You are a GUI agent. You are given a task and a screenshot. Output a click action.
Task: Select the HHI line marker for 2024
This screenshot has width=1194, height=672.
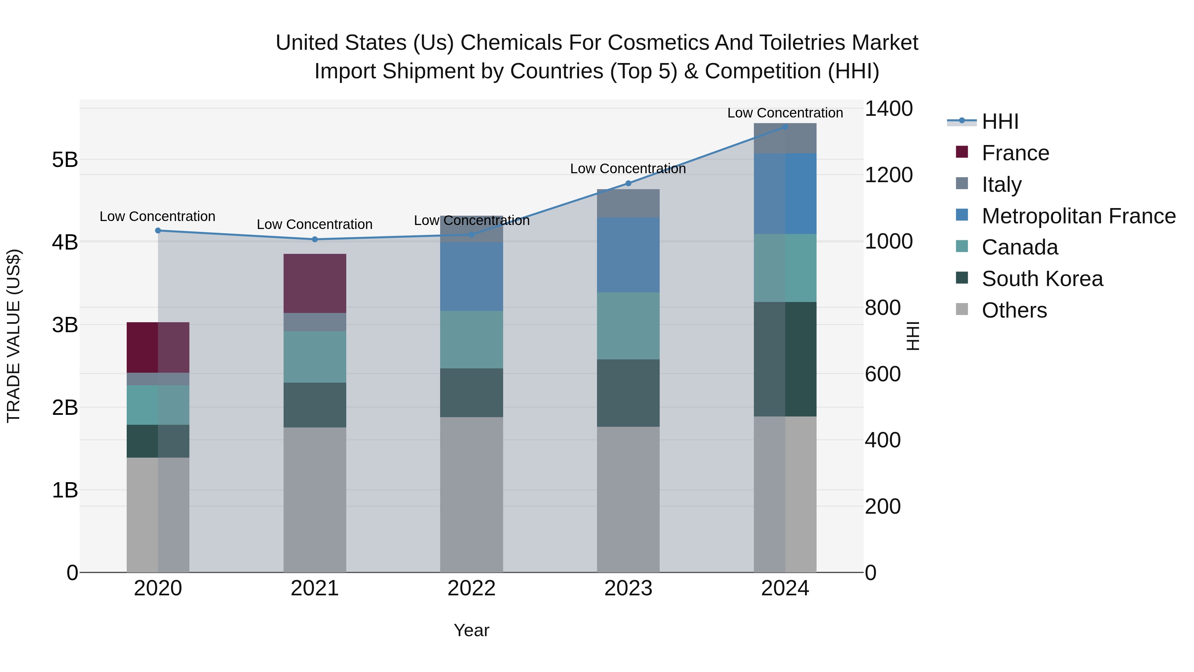point(785,127)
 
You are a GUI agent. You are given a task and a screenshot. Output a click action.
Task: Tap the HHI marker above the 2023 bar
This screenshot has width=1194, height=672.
point(628,183)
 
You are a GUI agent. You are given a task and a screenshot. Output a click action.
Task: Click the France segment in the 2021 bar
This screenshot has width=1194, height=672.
point(315,283)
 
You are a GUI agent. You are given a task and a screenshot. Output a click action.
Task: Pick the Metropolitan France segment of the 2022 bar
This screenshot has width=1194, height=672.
point(471,276)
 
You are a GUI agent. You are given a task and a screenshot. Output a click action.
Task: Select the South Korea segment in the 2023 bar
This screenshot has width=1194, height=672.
point(628,393)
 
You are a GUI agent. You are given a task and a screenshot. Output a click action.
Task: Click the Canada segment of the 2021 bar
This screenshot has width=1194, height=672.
point(315,357)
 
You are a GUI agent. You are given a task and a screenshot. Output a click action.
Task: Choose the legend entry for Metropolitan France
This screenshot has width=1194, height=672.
point(1078,216)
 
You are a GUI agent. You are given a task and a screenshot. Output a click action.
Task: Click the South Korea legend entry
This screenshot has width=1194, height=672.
point(1042,279)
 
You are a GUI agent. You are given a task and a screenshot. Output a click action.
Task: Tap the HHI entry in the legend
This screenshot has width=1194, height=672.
point(1000,121)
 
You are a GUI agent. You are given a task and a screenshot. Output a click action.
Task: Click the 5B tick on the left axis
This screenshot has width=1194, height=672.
point(65,160)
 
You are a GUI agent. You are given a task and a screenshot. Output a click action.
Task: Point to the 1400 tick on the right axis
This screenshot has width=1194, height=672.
point(889,109)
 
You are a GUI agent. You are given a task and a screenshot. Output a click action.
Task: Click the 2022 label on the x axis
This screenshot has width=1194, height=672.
point(471,588)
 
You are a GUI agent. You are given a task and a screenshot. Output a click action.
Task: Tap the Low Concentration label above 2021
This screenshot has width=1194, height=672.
point(315,224)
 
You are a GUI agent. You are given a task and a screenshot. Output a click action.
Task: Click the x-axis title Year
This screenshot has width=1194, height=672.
point(471,630)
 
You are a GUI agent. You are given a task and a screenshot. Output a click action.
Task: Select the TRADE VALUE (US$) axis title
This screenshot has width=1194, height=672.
point(14,336)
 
